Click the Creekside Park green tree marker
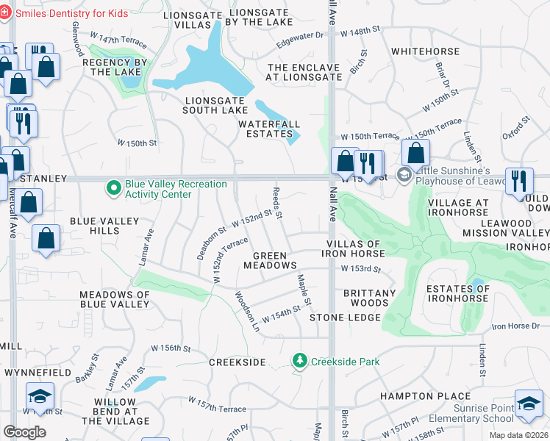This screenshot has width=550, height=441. [299, 361]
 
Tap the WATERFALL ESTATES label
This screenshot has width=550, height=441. [265, 129]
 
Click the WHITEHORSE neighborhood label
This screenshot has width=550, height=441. [421, 51]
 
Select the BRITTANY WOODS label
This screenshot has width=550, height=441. [370, 298]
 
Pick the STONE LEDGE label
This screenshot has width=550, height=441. [345, 318]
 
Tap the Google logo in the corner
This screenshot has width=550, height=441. [24, 431]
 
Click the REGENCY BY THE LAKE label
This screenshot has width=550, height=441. [115, 67]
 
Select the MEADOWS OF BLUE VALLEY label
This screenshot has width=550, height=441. [114, 299]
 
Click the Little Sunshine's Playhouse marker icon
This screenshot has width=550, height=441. [404, 174]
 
